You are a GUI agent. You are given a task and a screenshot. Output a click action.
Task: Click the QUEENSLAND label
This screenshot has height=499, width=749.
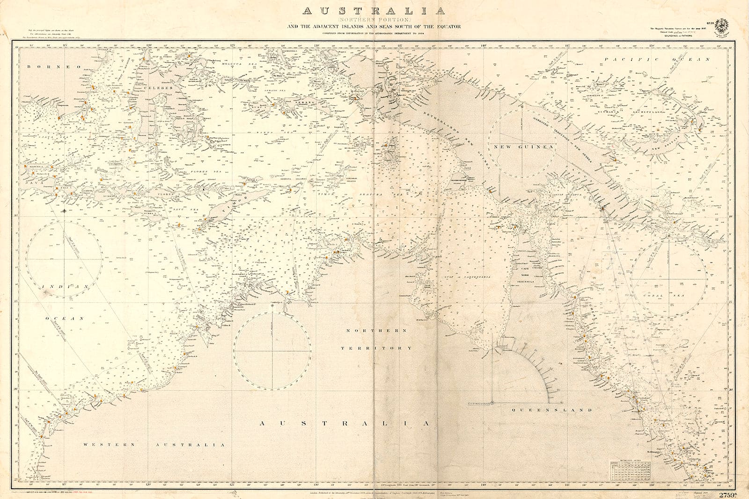click(x=552, y=410)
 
